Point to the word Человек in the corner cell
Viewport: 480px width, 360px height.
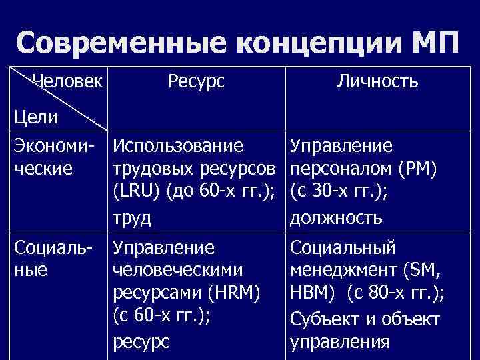[x=67, y=81]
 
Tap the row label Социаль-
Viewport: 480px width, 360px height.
[x=55, y=249]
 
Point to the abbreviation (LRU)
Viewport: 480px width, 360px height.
[x=137, y=193]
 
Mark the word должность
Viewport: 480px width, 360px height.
[x=336, y=217]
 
